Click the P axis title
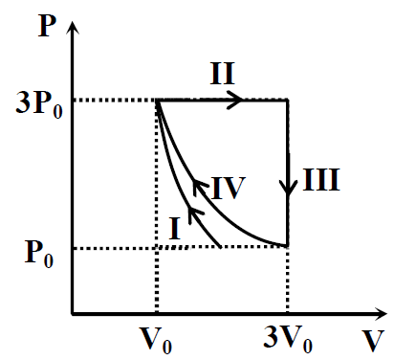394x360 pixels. [x=47, y=26]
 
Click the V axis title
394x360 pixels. [x=373, y=340]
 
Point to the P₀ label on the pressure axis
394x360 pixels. [x=39, y=254]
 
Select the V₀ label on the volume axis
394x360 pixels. [x=156, y=340]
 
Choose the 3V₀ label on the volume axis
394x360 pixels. [x=288, y=340]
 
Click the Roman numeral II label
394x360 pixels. [x=223, y=74]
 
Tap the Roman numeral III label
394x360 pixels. [x=321, y=180]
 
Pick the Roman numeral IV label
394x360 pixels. [x=229, y=188]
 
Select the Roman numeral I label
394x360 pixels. [x=175, y=229]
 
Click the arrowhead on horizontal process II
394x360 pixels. [x=235, y=100]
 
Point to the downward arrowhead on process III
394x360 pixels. [x=288, y=188]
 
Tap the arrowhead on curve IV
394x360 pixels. [x=200, y=187]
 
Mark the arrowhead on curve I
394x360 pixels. [x=194, y=214]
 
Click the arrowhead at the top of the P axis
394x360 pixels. [x=74, y=27]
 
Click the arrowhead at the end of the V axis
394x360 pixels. [x=381, y=314]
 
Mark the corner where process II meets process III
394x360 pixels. [x=288, y=101]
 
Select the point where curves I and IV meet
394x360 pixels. [x=157, y=101]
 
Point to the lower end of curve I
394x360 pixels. [x=220, y=246]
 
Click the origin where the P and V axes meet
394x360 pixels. [x=73, y=314]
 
